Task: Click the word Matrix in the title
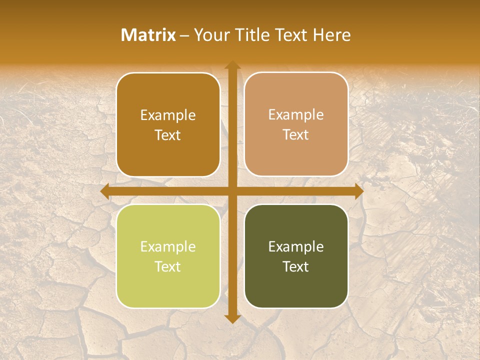pyautogui.click(x=148, y=35)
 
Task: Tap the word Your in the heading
pyautogui.click(x=211, y=35)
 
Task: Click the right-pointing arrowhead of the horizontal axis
pyautogui.click(x=358, y=191)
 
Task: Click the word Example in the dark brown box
pyautogui.click(x=168, y=115)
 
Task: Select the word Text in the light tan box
pyautogui.click(x=296, y=135)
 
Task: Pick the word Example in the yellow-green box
pyautogui.click(x=168, y=247)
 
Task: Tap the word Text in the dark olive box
pyautogui.click(x=296, y=266)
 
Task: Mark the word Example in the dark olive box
pyautogui.click(x=296, y=247)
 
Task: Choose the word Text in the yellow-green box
pyautogui.click(x=168, y=266)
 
